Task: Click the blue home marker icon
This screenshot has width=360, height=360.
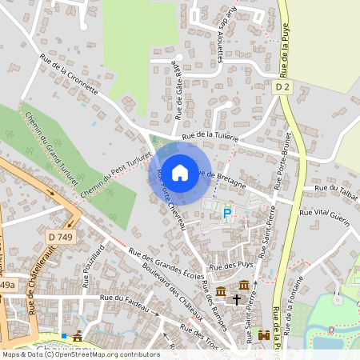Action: coord(180,172)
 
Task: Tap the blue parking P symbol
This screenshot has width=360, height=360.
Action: coord(226,213)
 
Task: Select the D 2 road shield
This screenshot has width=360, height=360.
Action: coord(282,86)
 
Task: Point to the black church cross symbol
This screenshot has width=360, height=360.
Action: coord(236,299)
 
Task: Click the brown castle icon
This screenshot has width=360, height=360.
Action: coord(264,336)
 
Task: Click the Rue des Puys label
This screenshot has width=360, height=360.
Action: coord(225,266)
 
